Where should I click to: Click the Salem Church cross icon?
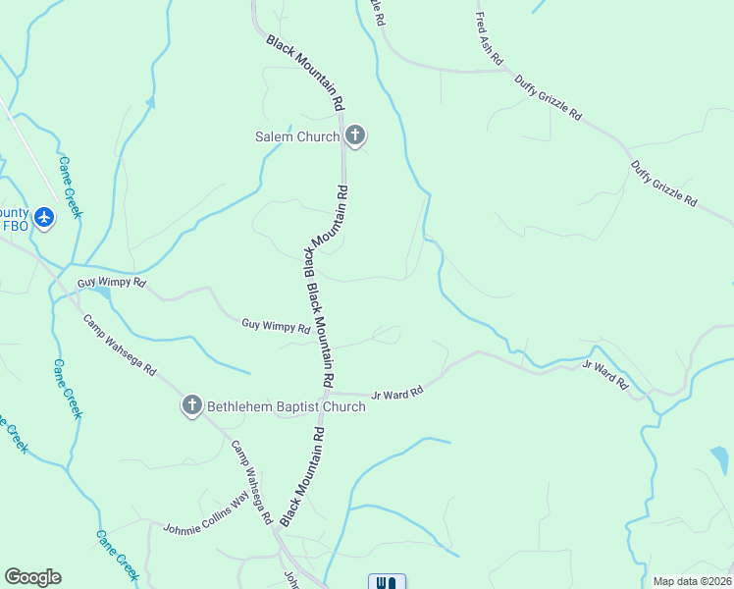(354, 135)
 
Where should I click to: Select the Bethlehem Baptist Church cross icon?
(191, 404)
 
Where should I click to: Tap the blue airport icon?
(43, 217)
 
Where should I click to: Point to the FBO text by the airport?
(15, 225)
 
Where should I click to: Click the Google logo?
(32, 577)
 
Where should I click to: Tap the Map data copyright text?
(693, 581)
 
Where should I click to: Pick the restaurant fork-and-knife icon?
(387, 582)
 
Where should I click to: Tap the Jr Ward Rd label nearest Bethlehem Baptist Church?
(396, 394)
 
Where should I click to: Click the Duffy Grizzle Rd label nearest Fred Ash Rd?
(549, 97)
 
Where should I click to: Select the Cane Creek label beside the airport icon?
(69, 187)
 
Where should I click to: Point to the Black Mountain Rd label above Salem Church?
(306, 72)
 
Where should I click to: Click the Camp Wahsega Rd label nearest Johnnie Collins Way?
(251, 480)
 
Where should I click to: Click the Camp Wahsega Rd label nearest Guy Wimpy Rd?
(120, 346)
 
